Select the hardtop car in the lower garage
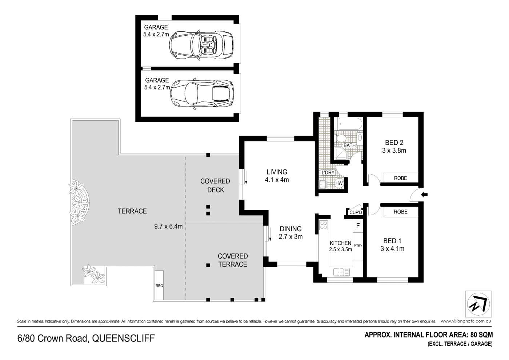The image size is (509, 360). [x=202, y=95]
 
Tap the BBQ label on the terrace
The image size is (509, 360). [x=159, y=286]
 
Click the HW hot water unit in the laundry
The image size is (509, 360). [x=339, y=183]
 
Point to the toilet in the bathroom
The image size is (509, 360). [x=341, y=138]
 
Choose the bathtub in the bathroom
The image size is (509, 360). [x=349, y=124]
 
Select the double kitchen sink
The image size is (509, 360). [x=341, y=272]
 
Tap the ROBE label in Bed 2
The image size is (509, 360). [x=400, y=178]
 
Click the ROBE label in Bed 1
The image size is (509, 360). [x=400, y=212]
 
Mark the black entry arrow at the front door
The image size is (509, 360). [x=424, y=195]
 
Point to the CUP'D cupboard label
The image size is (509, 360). [x=356, y=212]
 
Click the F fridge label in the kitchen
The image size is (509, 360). [x=358, y=226]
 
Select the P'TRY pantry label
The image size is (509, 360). [x=358, y=246]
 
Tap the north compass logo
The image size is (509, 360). [x=478, y=304]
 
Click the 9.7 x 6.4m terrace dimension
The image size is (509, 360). [x=168, y=226]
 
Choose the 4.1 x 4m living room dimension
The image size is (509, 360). [x=277, y=180]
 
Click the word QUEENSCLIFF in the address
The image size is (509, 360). [x=124, y=339]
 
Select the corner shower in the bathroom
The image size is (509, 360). [x=341, y=154]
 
